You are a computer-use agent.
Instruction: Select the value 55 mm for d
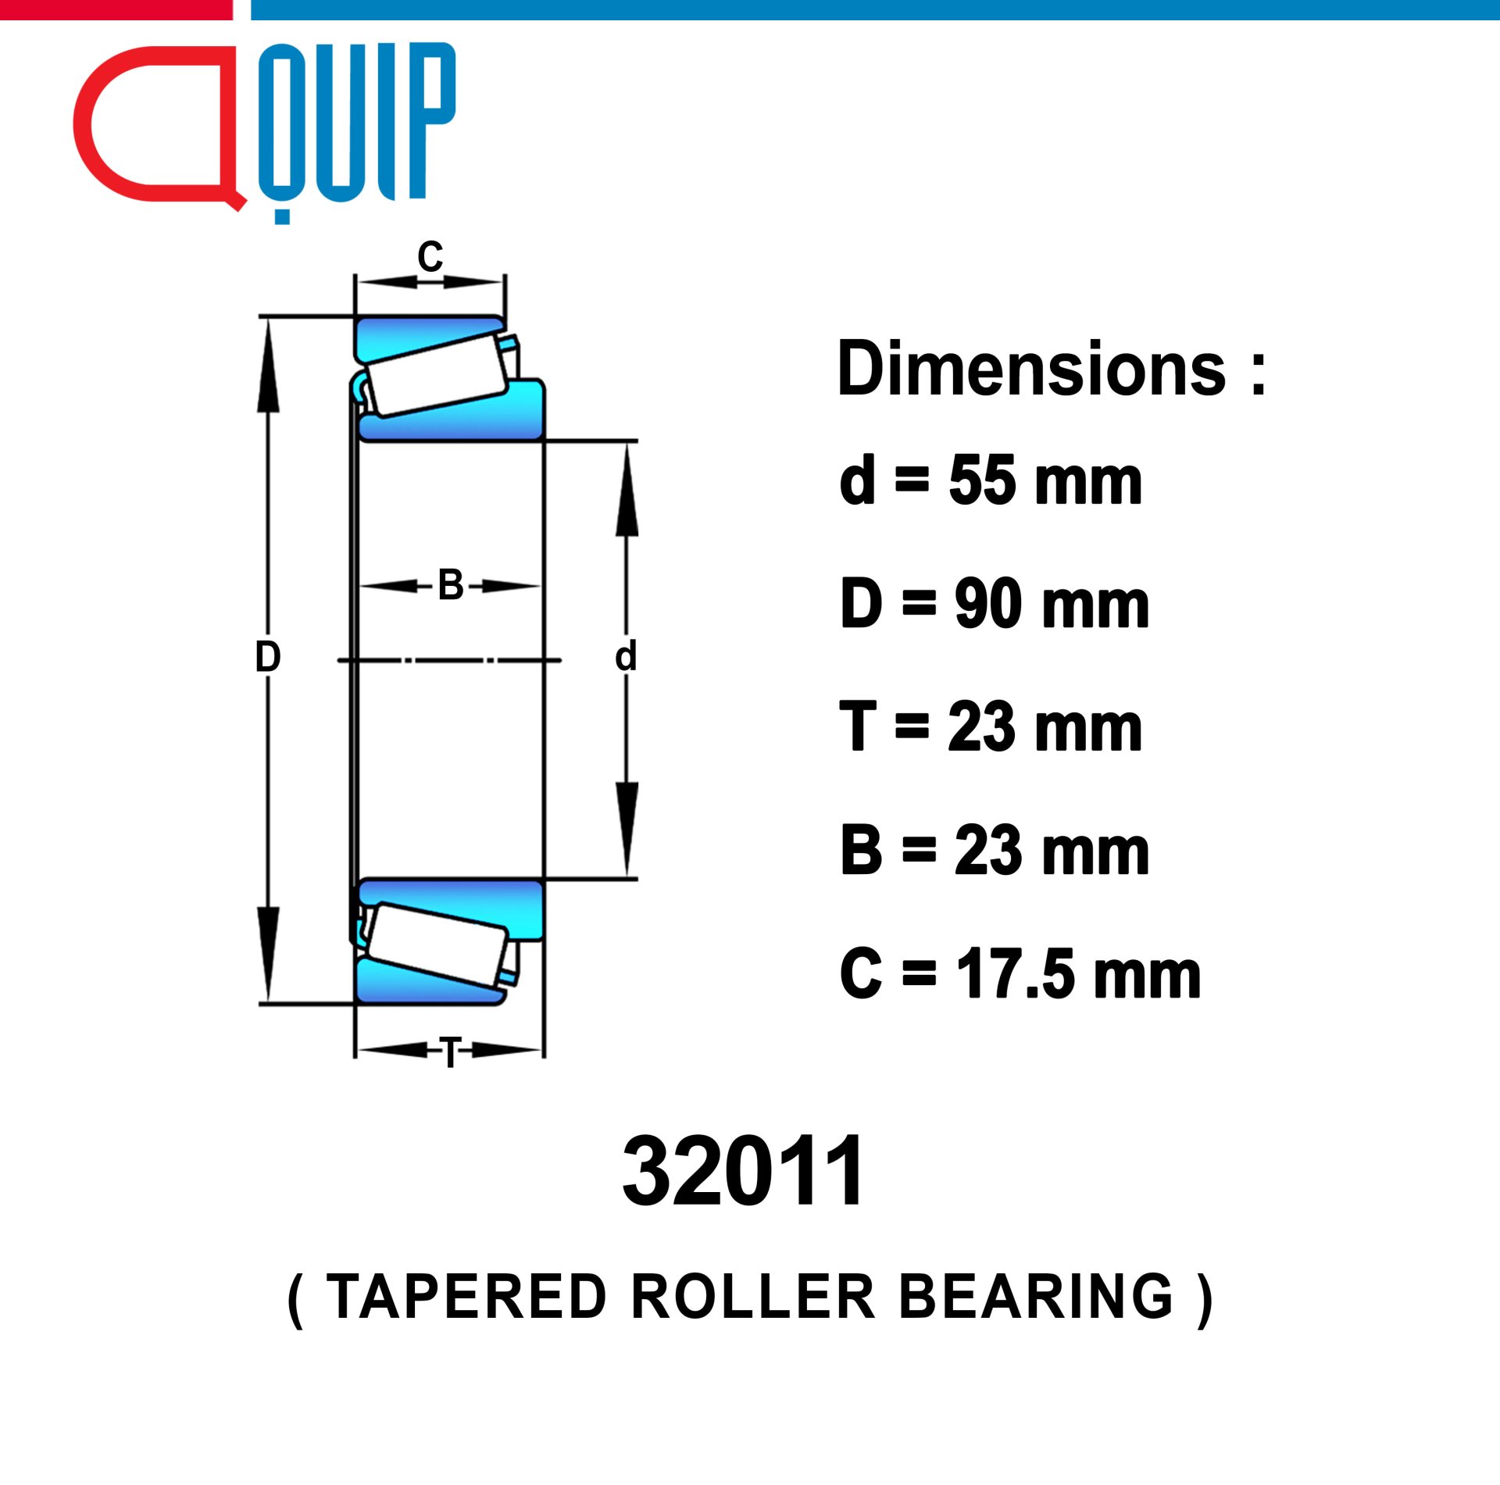(1045, 480)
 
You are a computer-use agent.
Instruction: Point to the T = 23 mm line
(991, 726)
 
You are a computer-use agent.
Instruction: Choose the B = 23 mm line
(995, 850)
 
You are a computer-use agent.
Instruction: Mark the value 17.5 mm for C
(1078, 973)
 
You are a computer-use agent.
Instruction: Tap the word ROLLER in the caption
(753, 1297)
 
